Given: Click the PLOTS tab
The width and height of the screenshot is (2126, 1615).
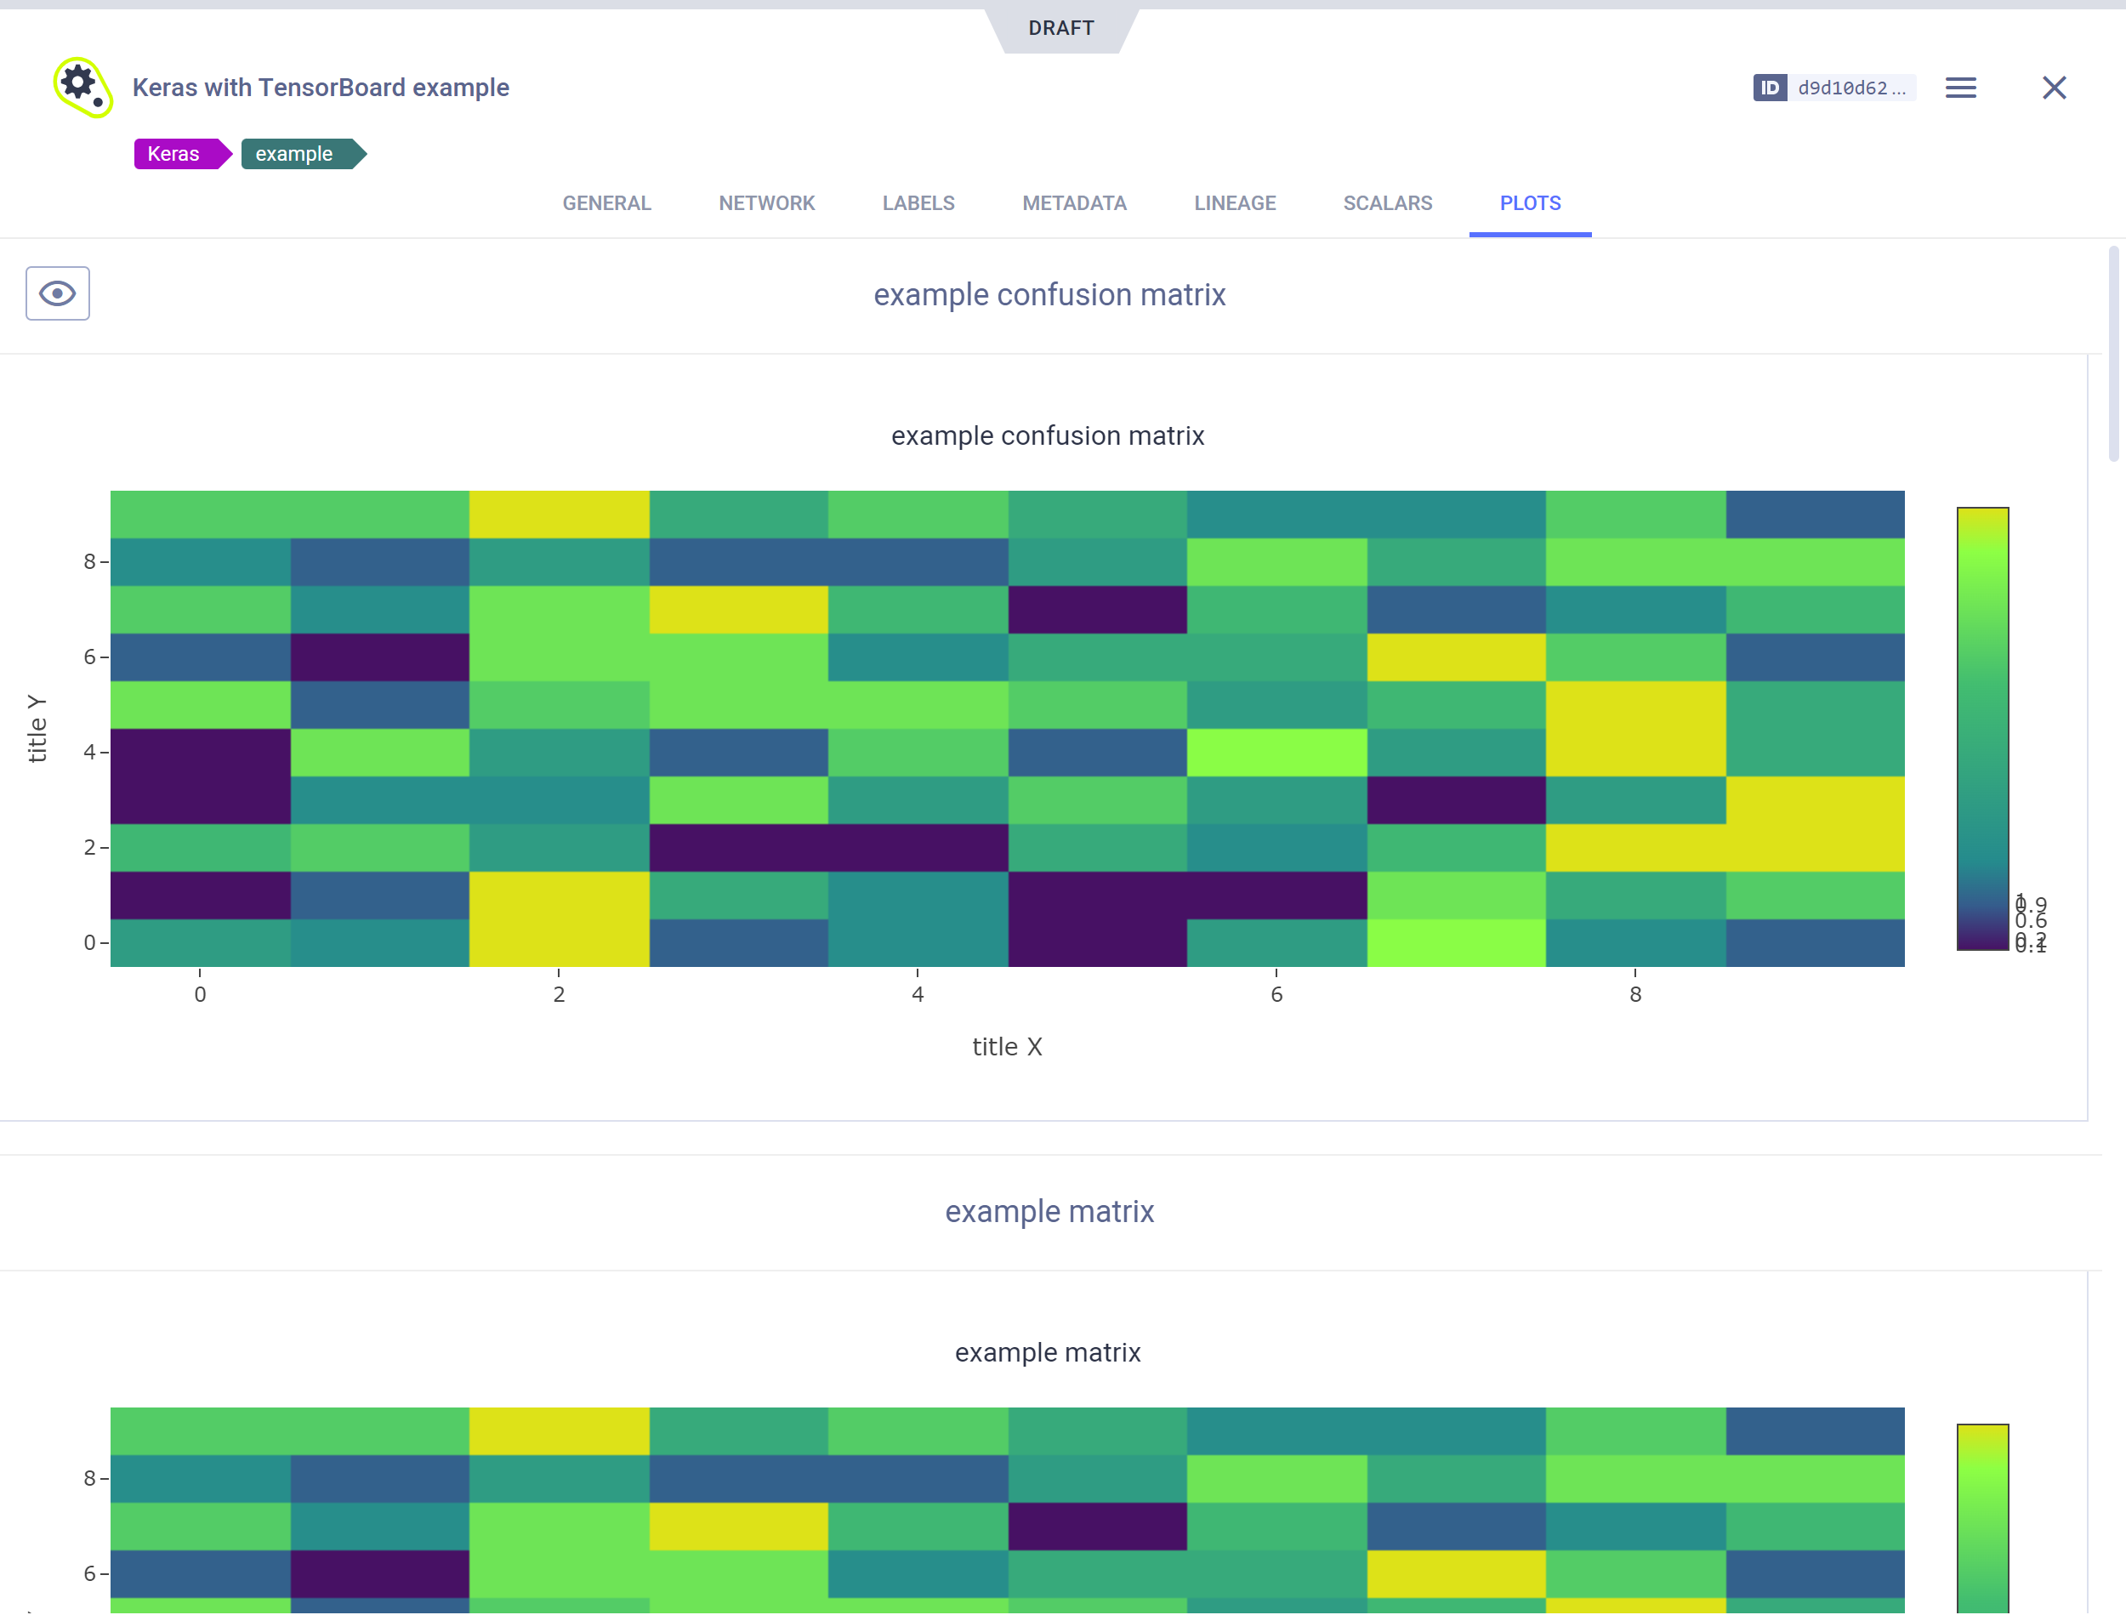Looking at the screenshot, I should click(x=1530, y=203).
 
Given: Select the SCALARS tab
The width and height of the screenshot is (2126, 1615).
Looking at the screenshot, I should click(x=1387, y=203).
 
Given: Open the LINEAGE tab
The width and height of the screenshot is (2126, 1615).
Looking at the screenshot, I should click(x=1234, y=203).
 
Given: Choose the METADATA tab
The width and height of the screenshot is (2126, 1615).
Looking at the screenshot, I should click(x=1073, y=203).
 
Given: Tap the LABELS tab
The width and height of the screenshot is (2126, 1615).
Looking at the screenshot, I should click(x=918, y=203).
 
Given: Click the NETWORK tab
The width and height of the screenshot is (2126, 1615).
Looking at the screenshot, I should click(x=766, y=203).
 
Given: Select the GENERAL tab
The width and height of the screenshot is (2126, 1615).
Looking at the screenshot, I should click(x=606, y=203).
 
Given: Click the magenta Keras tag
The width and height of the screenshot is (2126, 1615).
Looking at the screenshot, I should click(x=175, y=154).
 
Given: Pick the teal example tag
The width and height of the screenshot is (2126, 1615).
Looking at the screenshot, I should click(x=295, y=154).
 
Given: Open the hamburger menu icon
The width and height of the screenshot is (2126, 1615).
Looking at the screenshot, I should click(x=1959, y=88).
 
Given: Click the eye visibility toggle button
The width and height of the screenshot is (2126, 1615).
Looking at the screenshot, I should click(x=58, y=293).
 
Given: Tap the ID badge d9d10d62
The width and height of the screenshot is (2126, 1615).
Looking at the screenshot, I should click(x=1833, y=88).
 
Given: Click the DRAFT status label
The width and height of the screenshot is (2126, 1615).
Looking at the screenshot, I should click(x=1061, y=28).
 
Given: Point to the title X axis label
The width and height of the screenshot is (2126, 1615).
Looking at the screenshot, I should click(x=1006, y=1046).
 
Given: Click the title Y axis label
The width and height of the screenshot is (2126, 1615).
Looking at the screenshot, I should click(x=37, y=728).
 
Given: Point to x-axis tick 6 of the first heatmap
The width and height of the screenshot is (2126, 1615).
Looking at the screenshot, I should click(x=1276, y=994).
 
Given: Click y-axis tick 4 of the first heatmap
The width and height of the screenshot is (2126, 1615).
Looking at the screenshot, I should click(x=89, y=752).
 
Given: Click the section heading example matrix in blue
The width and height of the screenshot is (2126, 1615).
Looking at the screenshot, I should click(x=1049, y=1211).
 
